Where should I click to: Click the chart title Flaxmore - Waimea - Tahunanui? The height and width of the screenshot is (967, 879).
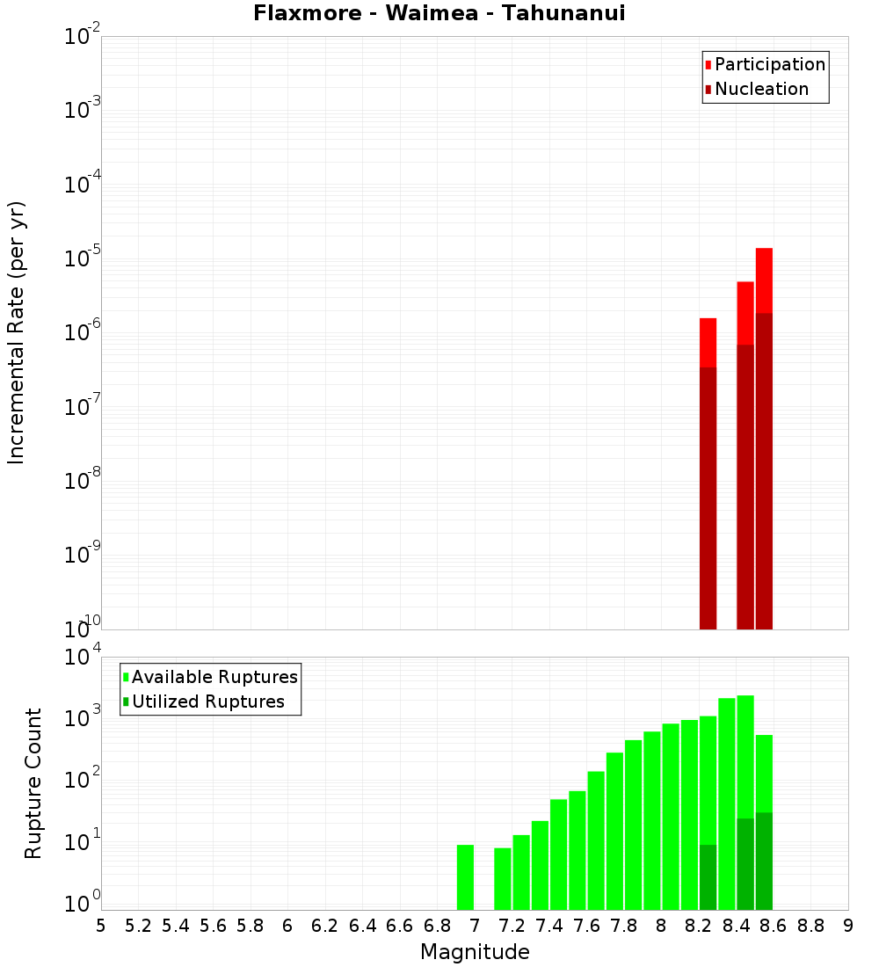pyautogui.click(x=439, y=14)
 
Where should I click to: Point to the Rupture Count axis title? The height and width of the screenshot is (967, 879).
pyautogui.click(x=33, y=783)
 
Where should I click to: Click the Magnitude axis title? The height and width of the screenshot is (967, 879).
pyautogui.click(x=475, y=952)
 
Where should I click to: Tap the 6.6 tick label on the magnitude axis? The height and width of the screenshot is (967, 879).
pyautogui.click(x=400, y=926)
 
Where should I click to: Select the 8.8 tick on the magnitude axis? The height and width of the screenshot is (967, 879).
pyautogui.click(x=810, y=926)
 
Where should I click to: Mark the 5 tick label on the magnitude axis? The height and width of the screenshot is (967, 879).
pyautogui.click(x=101, y=926)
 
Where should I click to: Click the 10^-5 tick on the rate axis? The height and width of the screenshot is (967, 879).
pyautogui.click(x=78, y=258)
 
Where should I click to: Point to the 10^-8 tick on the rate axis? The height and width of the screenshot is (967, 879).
pyautogui.click(x=78, y=481)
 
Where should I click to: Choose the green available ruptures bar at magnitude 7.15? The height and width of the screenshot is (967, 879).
pyautogui.click(x=503, y=879)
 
